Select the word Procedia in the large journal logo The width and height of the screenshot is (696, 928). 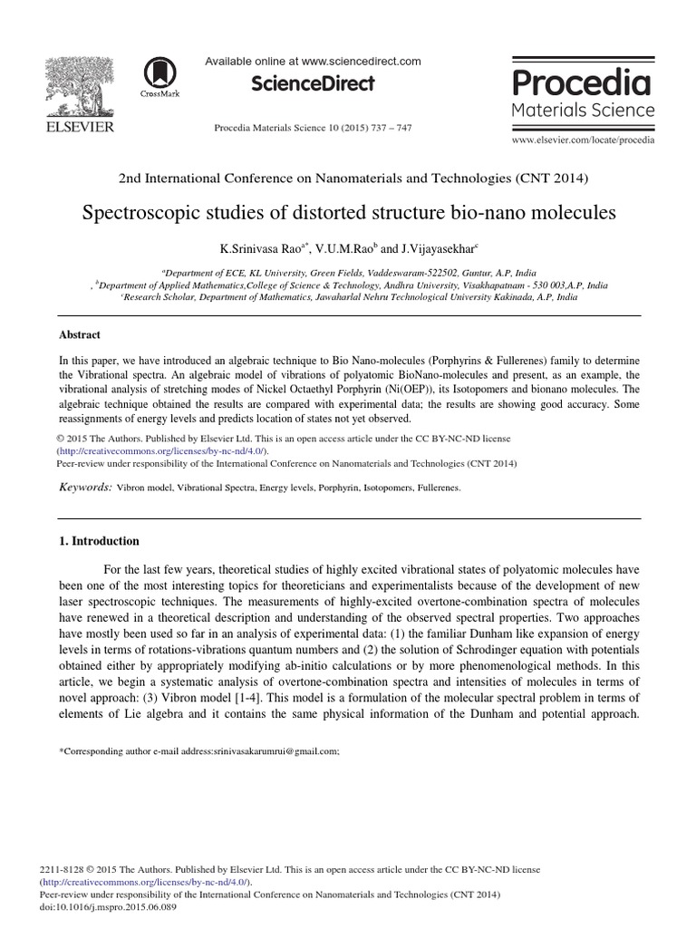point(582,83)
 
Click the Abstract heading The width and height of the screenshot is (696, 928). point(79,334)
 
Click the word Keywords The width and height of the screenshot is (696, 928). point(84,488)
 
